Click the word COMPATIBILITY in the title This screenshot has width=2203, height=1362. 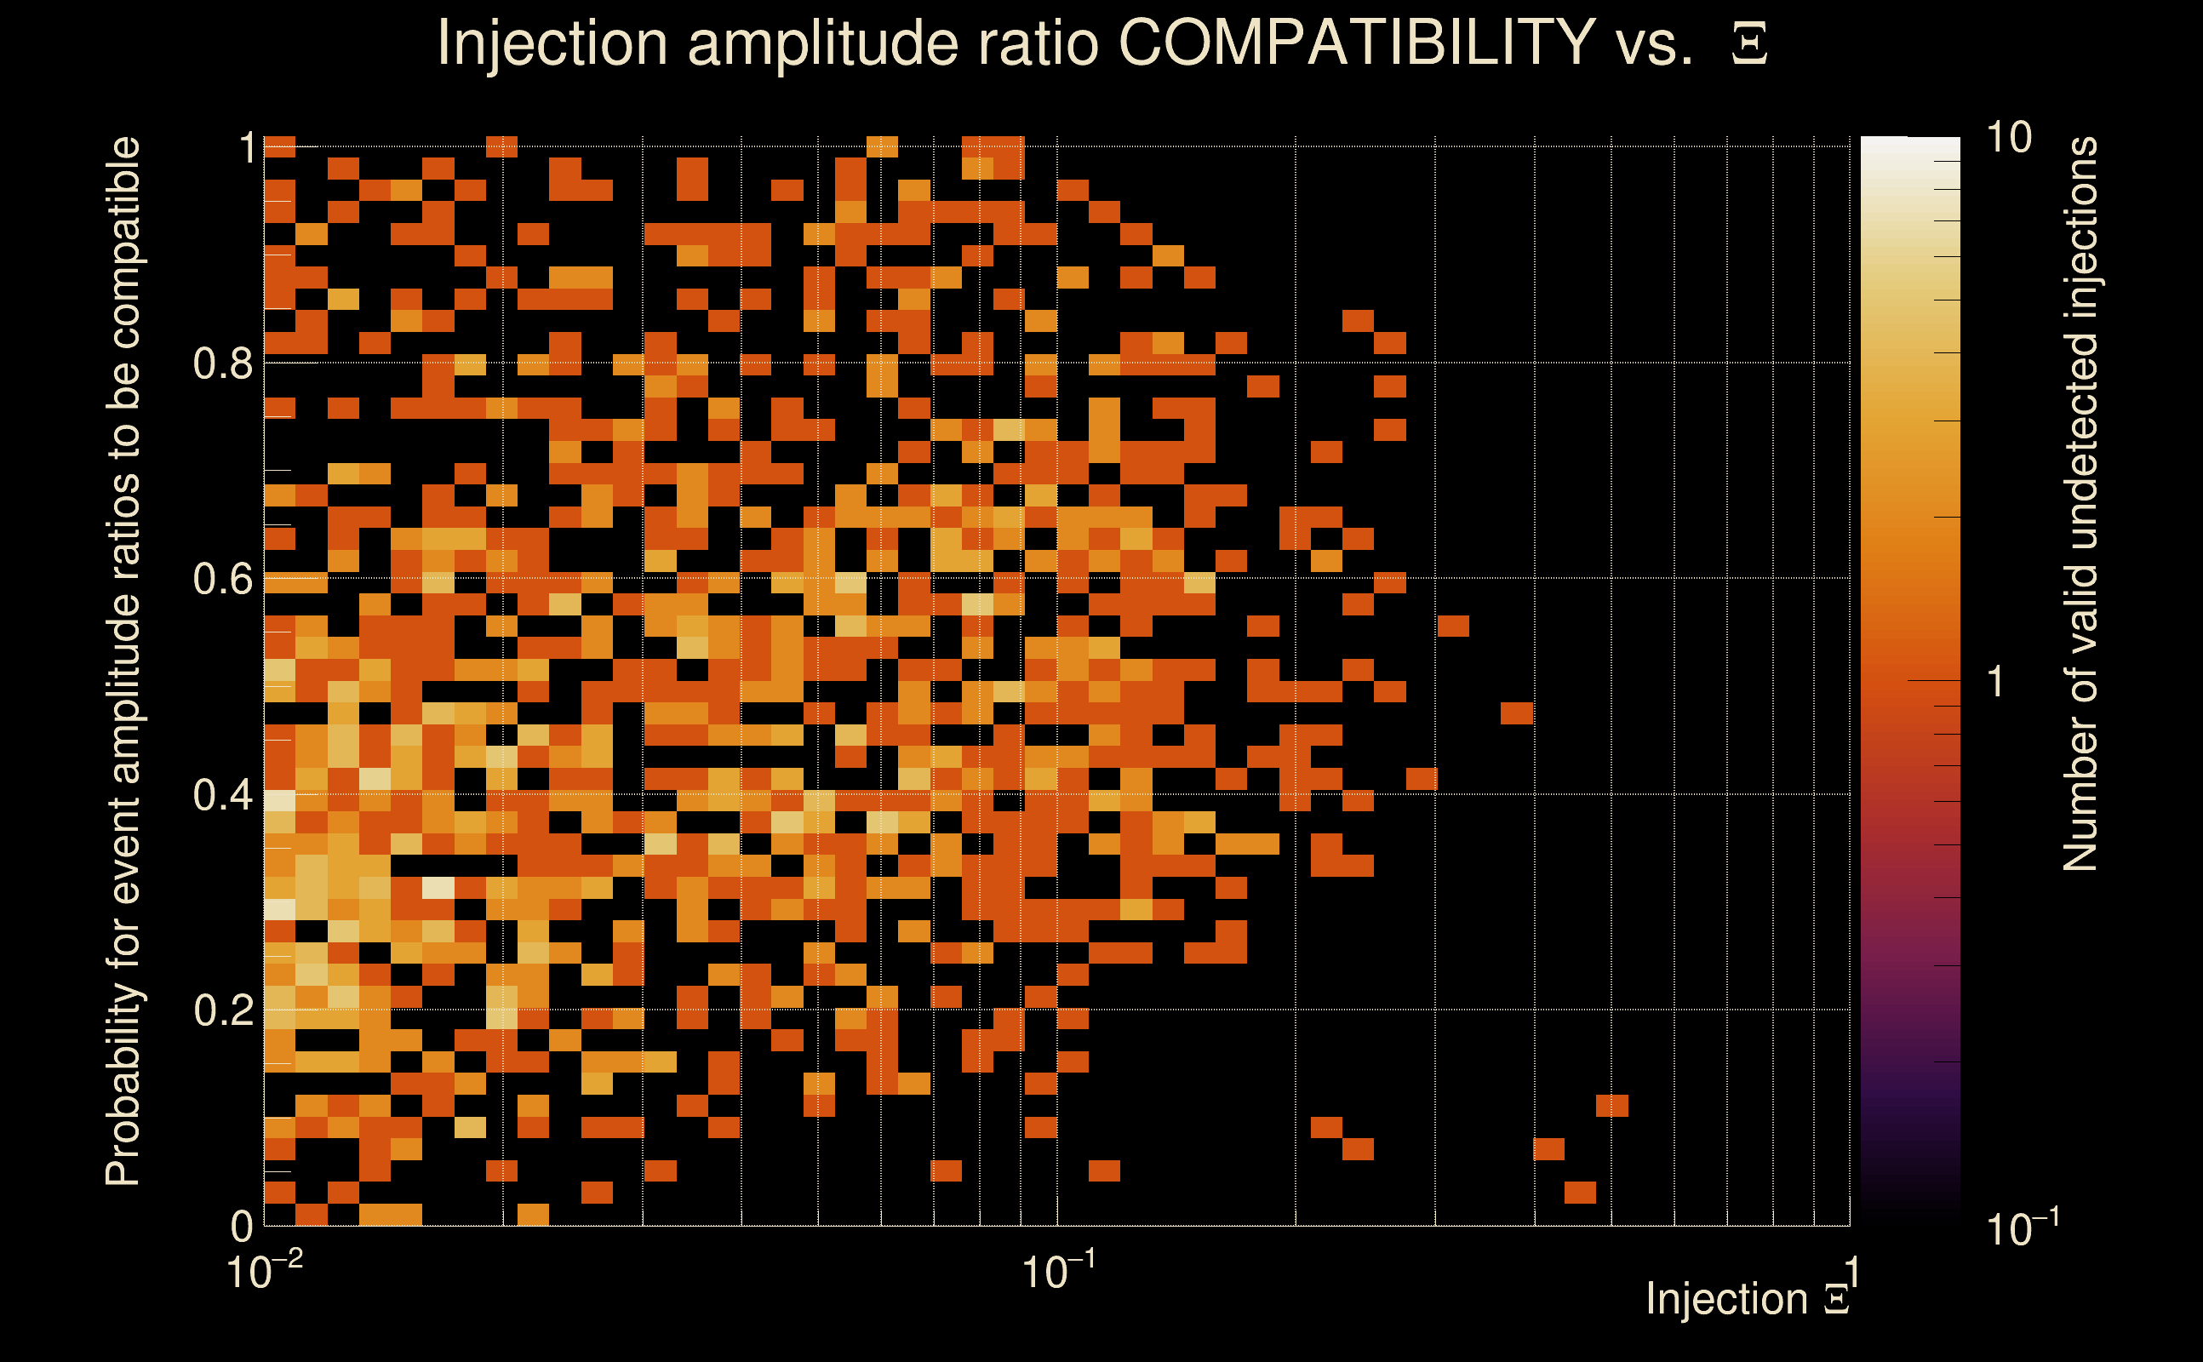tap(1356, 43)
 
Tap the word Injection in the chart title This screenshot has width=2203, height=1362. tap(552, 43)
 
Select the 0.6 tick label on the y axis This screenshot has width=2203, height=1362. tap(223, 578)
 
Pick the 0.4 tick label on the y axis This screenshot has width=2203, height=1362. tap(223, 794)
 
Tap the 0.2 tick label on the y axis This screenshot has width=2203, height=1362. tap(223, 1010)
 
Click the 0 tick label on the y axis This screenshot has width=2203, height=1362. tap(242, 1226)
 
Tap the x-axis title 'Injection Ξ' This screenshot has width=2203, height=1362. tap(1748, 1299)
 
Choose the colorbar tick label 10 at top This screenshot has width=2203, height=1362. tap(2008, 138)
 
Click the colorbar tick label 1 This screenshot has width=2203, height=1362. tap(1996, 682)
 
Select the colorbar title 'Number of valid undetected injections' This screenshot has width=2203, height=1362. tap(2080, 505)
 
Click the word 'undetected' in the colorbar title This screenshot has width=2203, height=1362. tap(2080, 442)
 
